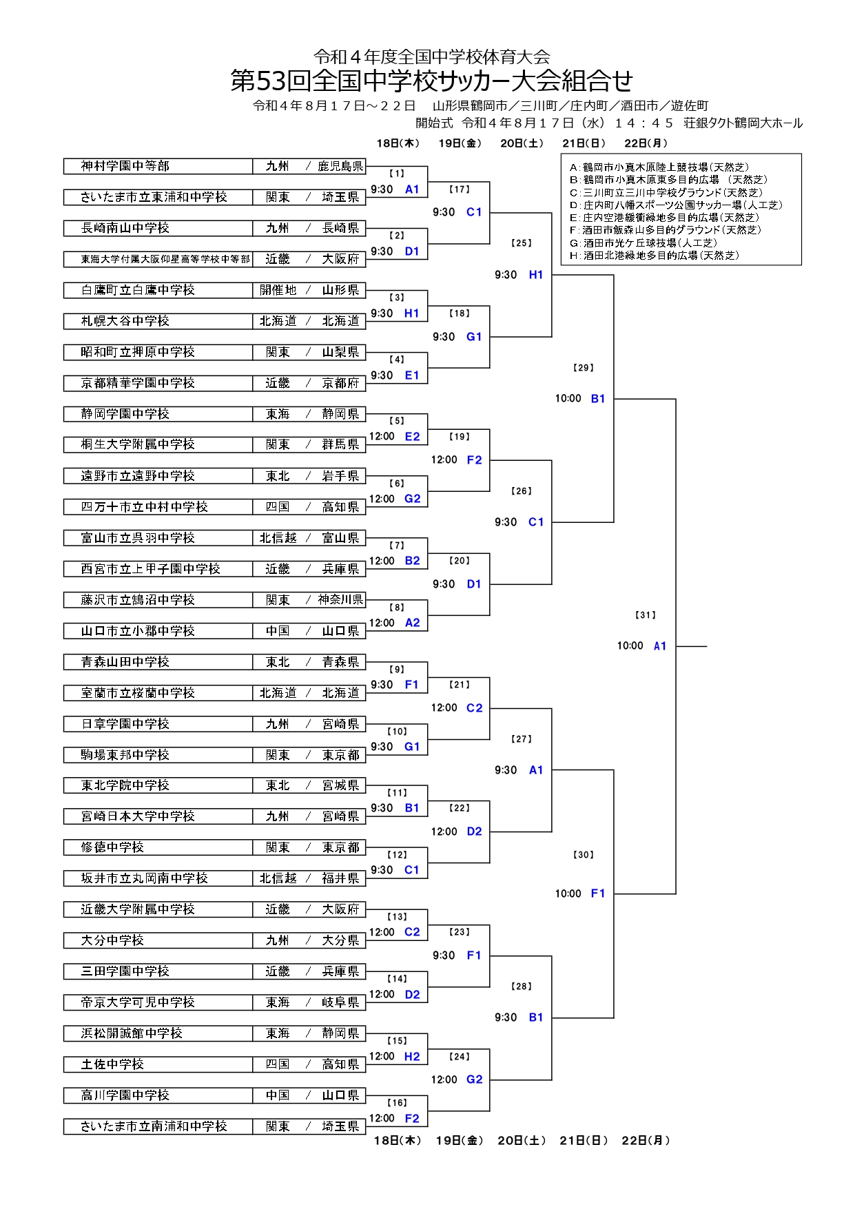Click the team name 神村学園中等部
click(x=125, y=166)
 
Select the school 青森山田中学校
click(x=125, y=662)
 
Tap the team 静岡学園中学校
click(x=125, y=414)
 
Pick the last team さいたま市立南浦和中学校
click(x=154, y=1126)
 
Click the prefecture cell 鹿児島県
click(x=340, y=166)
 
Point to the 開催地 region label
click(x=278, y=290)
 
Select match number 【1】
click(x=397, y=174)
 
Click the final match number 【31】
click(x=645, y=615)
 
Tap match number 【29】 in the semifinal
click(x=583, y=368)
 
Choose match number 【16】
click(x=397, y=1103)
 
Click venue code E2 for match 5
click(x=412, y=437)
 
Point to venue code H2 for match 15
click(x=412, y=1057)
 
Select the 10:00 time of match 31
click(x=630, y=646)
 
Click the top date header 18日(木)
click(x=398, y=143)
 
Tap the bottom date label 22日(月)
click(x=646, y=1141)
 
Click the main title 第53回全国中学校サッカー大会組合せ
click(x=432, y=81)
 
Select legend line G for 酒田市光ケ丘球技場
click(x=643, y=243)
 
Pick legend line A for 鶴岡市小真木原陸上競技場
click(x=659, y=167)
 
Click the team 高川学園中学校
click(x=125, y=1095)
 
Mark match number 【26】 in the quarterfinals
click(x=522, y=491)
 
